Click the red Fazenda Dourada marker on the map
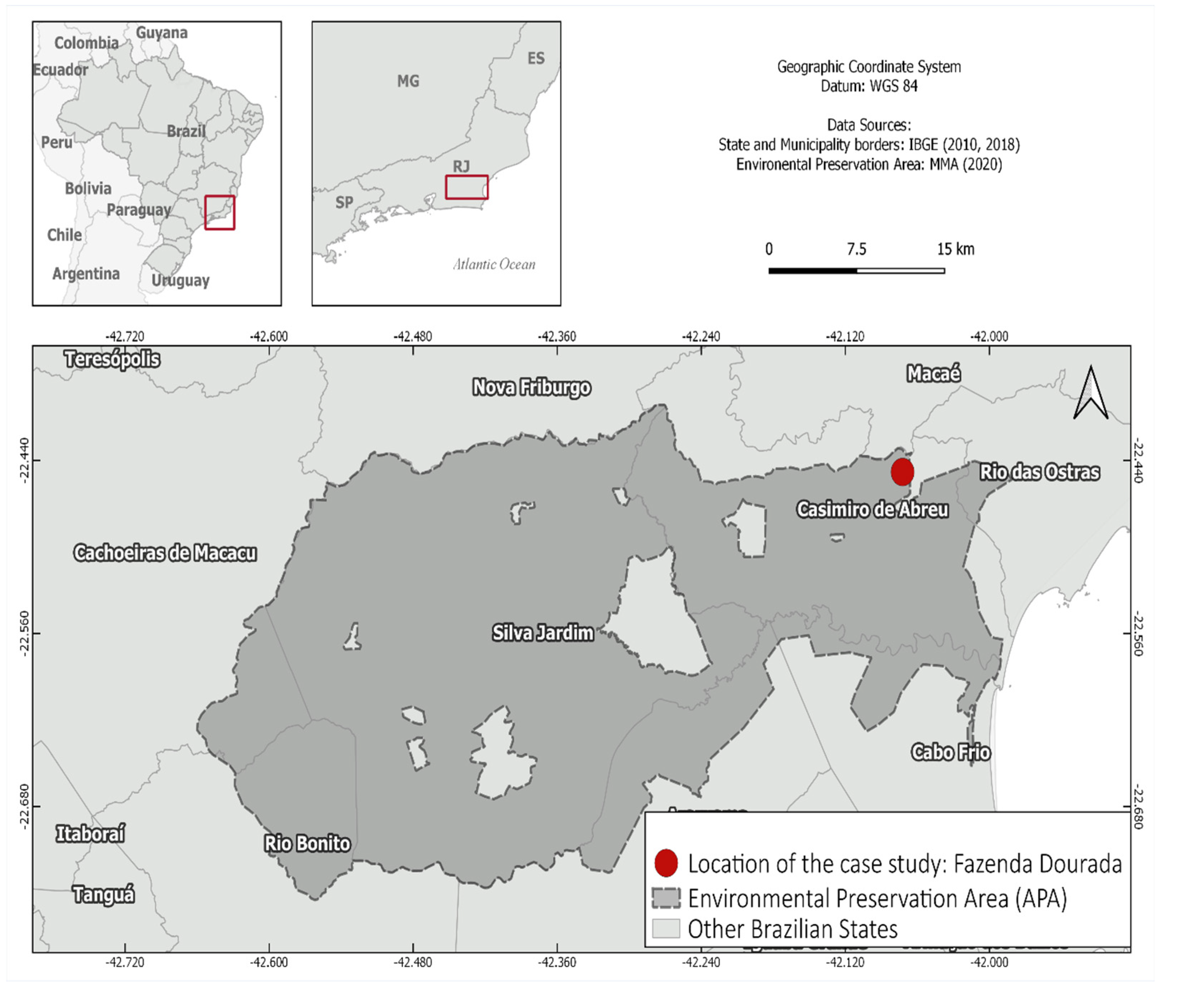902,472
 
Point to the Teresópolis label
112,359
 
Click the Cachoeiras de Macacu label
165,553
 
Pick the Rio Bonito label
307,843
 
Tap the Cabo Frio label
950,752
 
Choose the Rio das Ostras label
1039,472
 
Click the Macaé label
934,373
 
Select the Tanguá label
103,894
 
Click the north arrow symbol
1091,393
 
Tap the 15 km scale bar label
955,249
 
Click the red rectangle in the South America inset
220,212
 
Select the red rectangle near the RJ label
466,187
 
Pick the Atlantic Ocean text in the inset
494,265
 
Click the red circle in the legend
666,863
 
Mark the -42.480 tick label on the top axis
413,337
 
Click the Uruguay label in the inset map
180,280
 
